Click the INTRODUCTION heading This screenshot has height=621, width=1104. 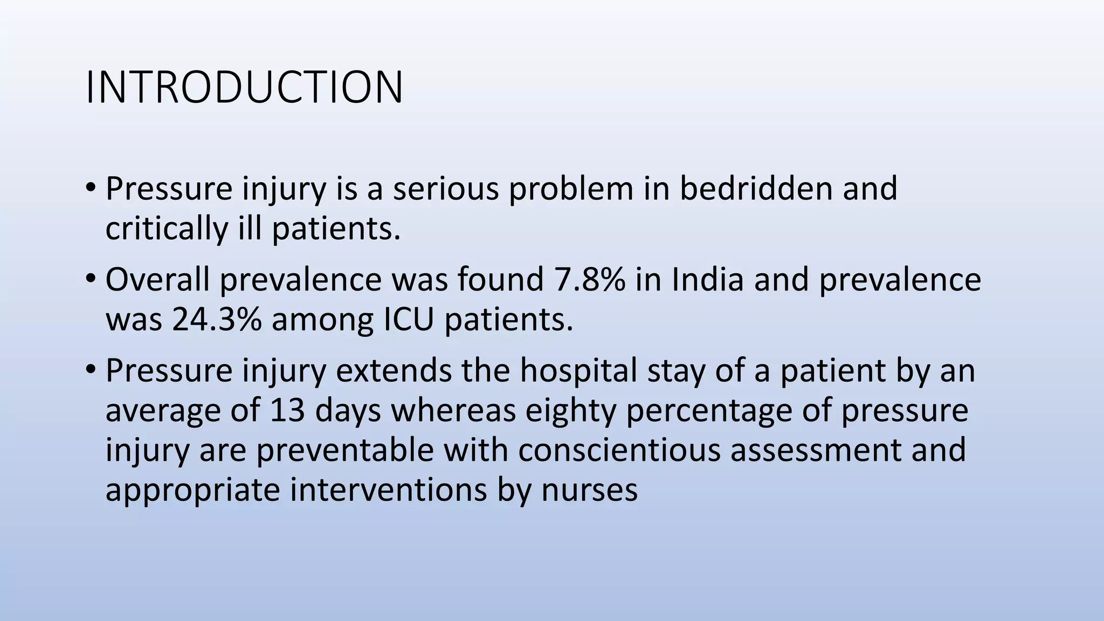pyautogui.click(x=244, y=87)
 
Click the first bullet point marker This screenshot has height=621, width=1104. pyautogui.click(x=90, y=188)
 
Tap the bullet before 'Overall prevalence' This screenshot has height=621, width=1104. pyautogui.click(x=90, y=279)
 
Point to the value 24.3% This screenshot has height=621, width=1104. pyautogui.click(x=217, y=319)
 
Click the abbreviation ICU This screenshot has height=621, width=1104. pyautogui.click(x=408, y=319)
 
